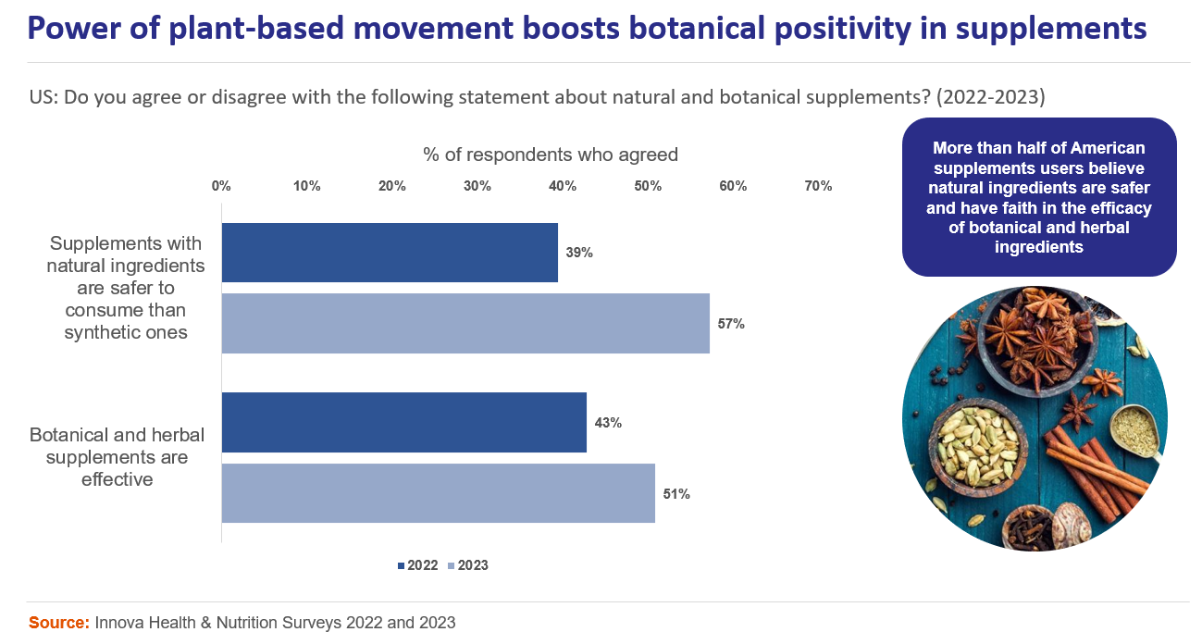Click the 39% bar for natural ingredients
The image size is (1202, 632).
click(x=390, y=253)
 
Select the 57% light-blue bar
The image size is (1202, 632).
click(x=465, y=324)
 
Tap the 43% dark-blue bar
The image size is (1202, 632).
click(x=404, y=423)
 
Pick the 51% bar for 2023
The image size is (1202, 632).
click(x=439, y=493)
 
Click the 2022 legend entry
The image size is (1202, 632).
click(x=417, y=565)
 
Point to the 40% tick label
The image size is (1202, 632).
click(x=563, y=186)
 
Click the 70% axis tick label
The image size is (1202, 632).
click(x=818, y=186)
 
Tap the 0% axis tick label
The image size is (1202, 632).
click(x=221, y=186)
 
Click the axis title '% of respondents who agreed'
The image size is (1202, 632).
click(x=551, y=155)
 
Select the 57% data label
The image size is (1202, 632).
click(x=731, y=324)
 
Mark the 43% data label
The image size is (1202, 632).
click(x=608, y=423)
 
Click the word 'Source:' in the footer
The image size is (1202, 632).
click(x=59, y=623)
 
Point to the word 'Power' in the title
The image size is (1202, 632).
click(x=68, y=30)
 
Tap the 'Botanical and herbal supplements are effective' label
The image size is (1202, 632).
click(x=117, y=457)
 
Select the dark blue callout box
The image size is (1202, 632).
click(x=1039, y=197)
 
